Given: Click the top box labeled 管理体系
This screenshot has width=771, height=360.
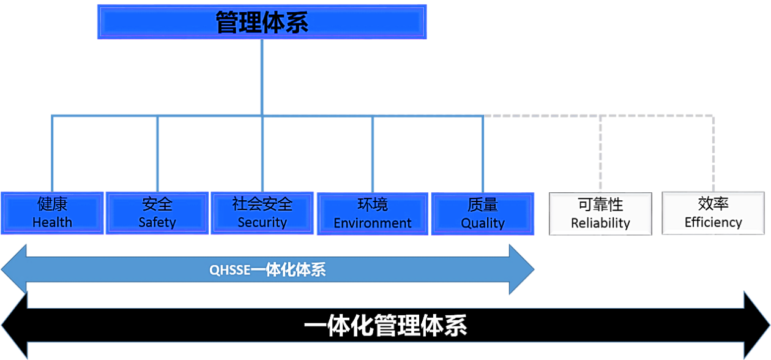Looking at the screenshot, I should tap(261, 22).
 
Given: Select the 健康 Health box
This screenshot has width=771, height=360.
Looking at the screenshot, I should tap(52, 213).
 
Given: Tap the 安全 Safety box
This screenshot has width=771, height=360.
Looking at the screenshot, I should tap(157, 213).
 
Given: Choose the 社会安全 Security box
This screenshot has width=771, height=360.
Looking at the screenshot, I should tap(262, 213).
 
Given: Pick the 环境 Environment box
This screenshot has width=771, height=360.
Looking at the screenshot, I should tap(373, 214).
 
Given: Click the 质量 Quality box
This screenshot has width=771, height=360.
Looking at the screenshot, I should tap(483, 214).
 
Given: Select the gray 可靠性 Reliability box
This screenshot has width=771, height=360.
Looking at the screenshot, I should tap(600, 214).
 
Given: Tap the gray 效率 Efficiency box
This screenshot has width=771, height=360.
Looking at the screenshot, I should tap(713, 214).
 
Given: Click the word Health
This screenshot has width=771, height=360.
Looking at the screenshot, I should tap(52, 222).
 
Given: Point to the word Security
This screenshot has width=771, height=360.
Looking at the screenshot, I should tap(262, 222).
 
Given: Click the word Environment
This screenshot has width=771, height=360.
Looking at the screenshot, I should tap(373, 223).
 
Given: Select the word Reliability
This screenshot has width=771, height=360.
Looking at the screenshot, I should tap(600, 223).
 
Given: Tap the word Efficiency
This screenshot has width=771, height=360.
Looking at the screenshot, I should tap(713, 223).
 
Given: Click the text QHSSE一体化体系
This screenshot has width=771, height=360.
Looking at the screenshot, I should tap(267, 270).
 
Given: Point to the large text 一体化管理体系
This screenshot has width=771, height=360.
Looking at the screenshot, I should tap(386, 326).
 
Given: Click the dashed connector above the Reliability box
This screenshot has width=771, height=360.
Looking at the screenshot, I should tap(601, 153).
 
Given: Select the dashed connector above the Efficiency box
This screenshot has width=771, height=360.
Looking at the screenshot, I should tap(713, 153).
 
